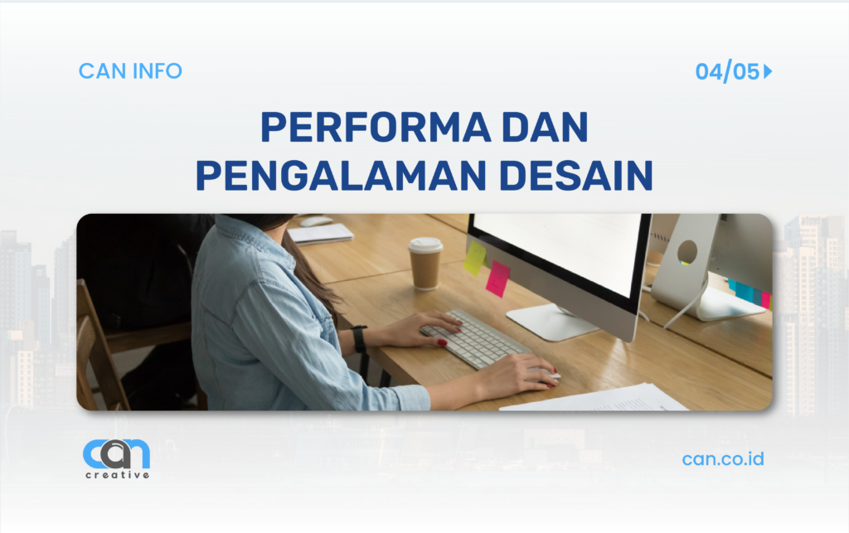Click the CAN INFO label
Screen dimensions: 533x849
click(130, 71)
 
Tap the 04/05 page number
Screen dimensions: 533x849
click(727, 72)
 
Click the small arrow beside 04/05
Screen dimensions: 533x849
click(768, 72)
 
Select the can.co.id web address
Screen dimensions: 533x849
click(723, 458)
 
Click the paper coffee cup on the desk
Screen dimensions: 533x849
click(425, 264)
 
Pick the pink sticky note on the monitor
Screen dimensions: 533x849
click(497, 279)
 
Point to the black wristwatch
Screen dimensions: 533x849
click(359, 339)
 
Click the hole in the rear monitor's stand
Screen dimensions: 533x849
click(687, 251)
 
